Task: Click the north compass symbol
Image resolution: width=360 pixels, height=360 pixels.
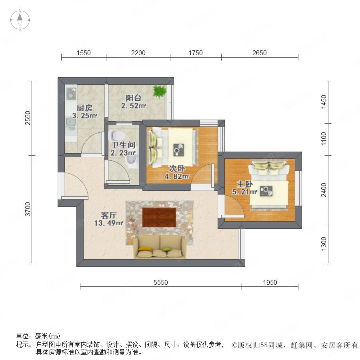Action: [20, 20]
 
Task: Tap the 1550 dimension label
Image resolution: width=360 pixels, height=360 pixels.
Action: [84, 53]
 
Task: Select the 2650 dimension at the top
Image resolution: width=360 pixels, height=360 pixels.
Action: [260, 53]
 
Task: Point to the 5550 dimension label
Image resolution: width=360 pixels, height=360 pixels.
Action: [161, 282]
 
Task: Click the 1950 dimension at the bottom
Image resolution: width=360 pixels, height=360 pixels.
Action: [270, 282]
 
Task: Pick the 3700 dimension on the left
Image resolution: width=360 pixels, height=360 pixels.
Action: [28, 209]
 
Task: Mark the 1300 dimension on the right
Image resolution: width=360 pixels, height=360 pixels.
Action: [324, 244]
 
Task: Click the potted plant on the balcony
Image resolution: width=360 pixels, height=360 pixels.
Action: [159, 91]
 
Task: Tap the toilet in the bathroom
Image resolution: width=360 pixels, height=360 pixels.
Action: [117, 136]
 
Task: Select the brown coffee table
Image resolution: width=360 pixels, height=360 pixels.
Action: [159, 217]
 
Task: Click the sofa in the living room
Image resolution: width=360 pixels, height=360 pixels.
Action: [160, 247]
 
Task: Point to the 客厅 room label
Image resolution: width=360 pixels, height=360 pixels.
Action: [108, 215]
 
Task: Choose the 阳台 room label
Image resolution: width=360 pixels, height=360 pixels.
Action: [134, 98]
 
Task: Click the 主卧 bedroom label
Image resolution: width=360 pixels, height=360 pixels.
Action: [245, 184]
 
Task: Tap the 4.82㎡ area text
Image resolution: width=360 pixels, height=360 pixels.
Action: [177, 176]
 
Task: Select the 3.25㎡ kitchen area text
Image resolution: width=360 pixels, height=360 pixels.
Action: [84, 116]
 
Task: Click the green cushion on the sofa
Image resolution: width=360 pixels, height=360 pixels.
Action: [166, 249]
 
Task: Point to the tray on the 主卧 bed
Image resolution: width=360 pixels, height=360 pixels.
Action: [266, 191]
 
